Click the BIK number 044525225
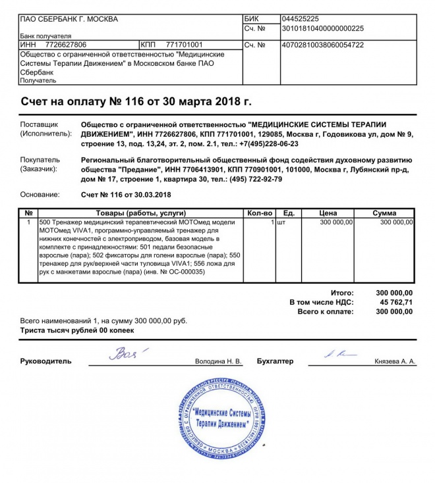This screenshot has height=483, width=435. tap(300, 18)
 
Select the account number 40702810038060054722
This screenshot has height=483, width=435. tap(322, 45)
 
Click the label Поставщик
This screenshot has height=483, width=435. tap(40, 124)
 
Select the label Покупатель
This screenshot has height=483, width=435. tap(40, 160)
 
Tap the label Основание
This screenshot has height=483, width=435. tap(40, 195)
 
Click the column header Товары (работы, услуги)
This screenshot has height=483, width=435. tap(141, 213)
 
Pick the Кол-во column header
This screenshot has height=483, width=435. tap(260, 213)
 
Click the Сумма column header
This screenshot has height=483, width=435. tap(384, 213)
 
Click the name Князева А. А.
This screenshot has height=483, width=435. tap(395, 362)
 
